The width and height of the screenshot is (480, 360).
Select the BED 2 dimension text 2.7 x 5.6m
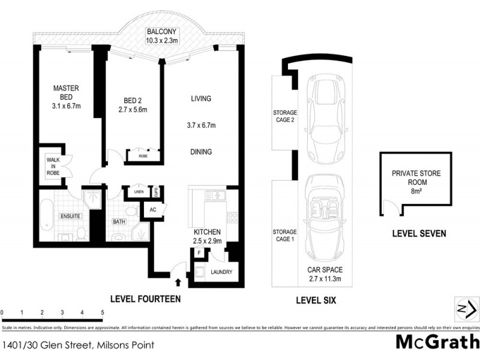click(132, 110)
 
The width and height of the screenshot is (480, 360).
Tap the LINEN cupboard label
click(139, 192)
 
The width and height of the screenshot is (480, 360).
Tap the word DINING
click(201, 152)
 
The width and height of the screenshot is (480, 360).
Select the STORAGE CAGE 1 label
click(285, 236)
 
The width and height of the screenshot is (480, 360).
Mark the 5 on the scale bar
click(103, 313)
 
